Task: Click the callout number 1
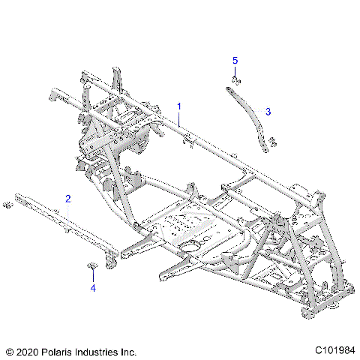coord(178,106)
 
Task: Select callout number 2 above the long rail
coord(68,199)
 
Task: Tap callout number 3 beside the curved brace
coord(267,111)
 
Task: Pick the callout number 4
coord(93,286)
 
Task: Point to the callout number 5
coord(235,59)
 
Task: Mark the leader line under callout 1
coord(180,120)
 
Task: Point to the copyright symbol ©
coord(9,351)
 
